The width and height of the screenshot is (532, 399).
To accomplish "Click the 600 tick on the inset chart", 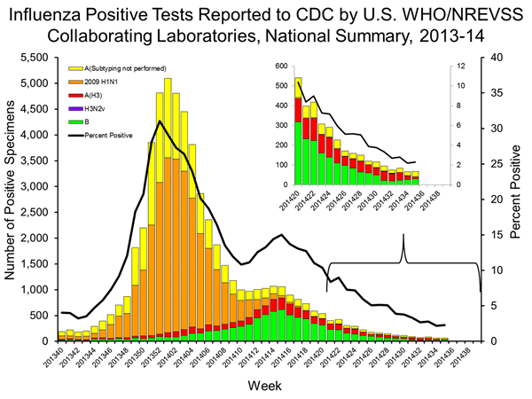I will [x=283, y=67].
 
